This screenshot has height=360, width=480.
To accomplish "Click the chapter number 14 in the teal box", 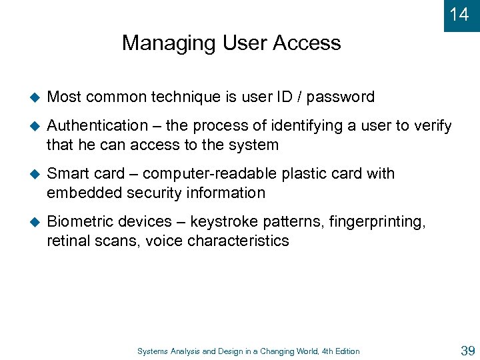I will pyautogui.click(x=459, y=14).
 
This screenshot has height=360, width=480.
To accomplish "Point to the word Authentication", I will pyautogui.click(x=97, y=125).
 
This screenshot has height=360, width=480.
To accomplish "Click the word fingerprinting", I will pyautogui.click(x=376, y=221).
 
